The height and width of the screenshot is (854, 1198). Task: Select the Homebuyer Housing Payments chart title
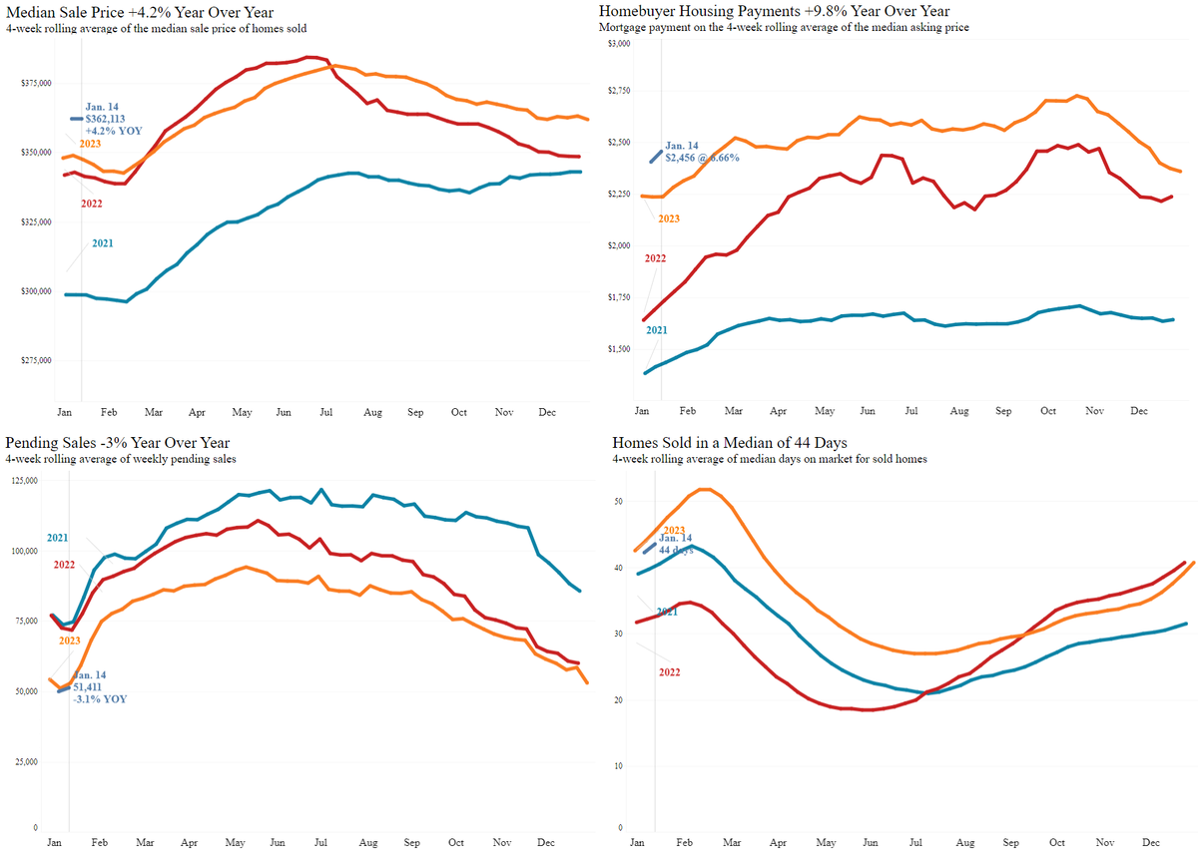[774, 11]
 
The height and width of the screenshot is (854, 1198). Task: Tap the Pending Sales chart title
[118, 443]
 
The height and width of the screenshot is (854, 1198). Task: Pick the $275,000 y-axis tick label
[36, 361]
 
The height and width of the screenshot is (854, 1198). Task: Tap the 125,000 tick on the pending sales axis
[23, 481]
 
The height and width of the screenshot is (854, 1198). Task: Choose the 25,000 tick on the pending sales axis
[25, 763]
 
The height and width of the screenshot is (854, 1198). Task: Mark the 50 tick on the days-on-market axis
[619, 502]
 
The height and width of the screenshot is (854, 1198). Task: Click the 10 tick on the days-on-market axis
[619, 766]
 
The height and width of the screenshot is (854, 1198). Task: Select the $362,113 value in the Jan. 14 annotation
[109, 119]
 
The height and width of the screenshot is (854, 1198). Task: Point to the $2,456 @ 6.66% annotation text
[703, 158]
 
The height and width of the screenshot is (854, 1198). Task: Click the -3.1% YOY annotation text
[100, 699]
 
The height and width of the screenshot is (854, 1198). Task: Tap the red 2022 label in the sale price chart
[91, 204]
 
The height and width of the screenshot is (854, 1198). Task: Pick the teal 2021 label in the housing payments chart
[656, 330]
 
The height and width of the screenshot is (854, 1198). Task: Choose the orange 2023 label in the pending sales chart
[69, 641]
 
